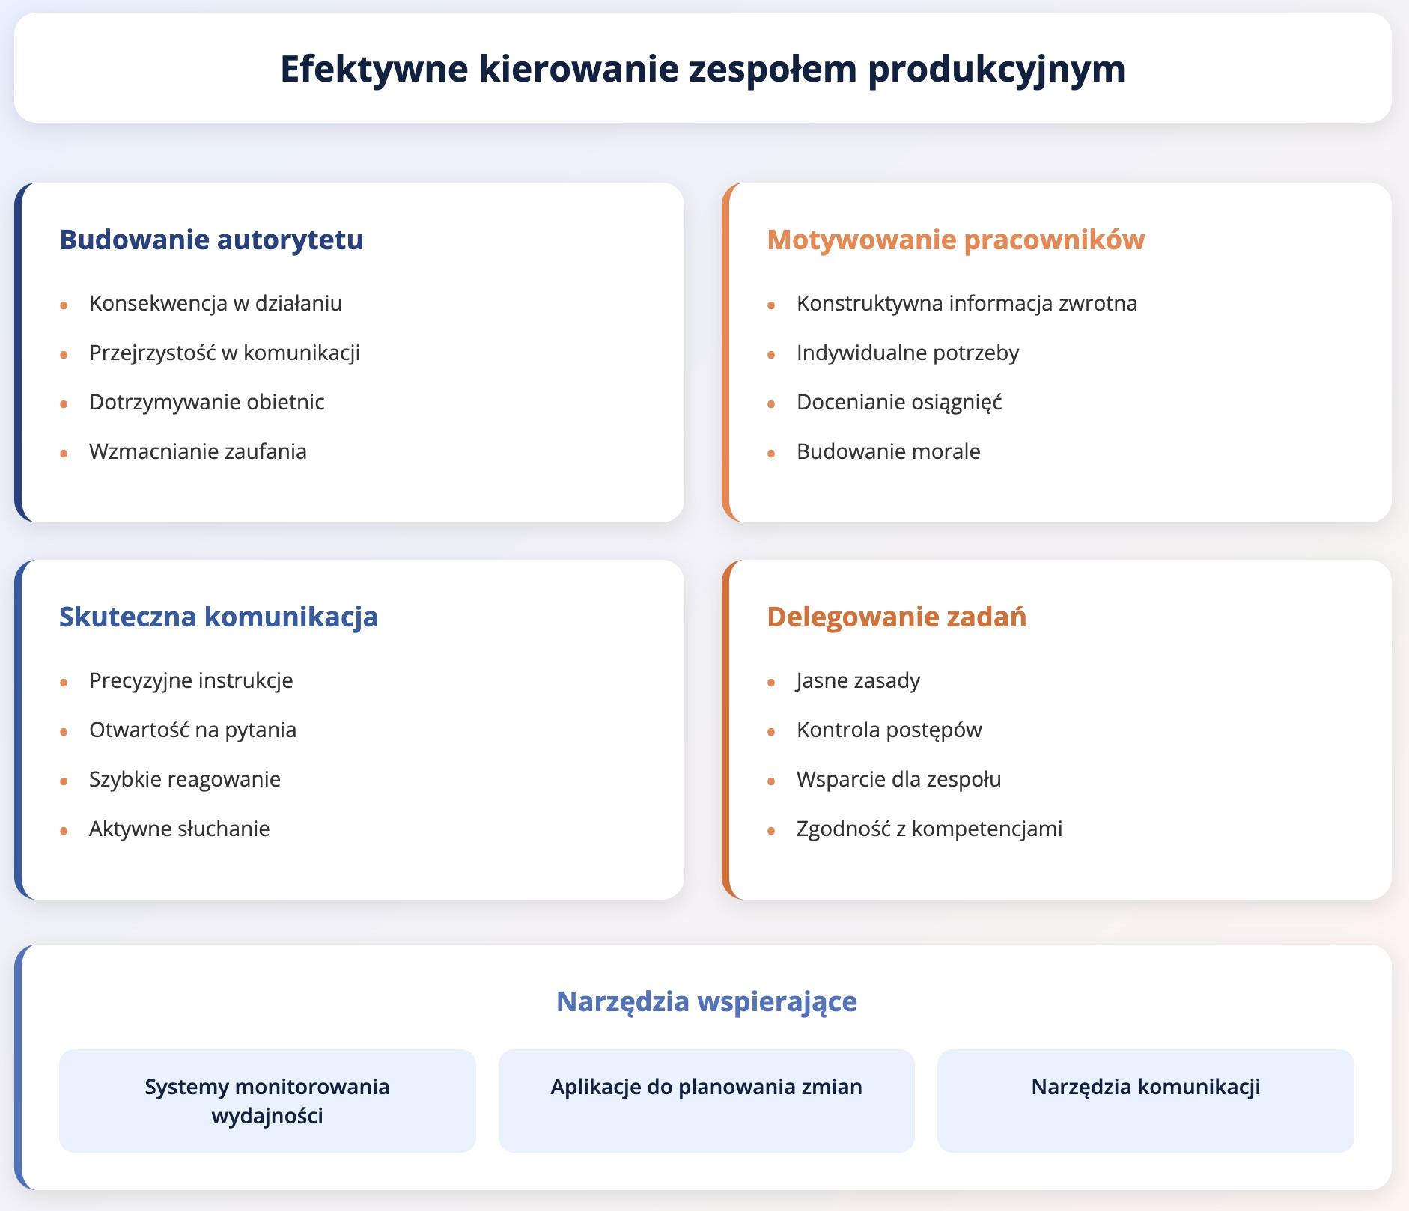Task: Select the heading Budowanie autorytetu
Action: (211, 240)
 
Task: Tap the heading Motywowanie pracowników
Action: (955, 240)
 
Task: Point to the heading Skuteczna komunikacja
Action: (219, 617)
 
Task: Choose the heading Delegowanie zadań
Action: (896, 617)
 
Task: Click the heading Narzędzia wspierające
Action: (706, 1001)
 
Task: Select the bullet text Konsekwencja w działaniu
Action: (215, 303)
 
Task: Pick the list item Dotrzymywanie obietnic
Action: (207, 402)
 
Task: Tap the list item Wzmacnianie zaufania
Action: (198, 451)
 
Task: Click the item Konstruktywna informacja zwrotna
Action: (967, 303)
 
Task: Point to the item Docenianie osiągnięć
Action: (898, 402)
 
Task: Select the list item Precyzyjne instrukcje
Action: (191, 680)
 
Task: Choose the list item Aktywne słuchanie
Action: (179, 829)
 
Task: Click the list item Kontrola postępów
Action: (889, 730)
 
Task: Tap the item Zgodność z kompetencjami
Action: (929, 829)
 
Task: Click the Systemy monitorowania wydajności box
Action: (267, 1100)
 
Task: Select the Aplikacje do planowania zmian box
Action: (706, 1100)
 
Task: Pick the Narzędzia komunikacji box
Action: (1145, 1100)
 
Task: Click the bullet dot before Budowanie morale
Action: (771, 453)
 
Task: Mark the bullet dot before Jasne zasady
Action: (771, 682)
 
